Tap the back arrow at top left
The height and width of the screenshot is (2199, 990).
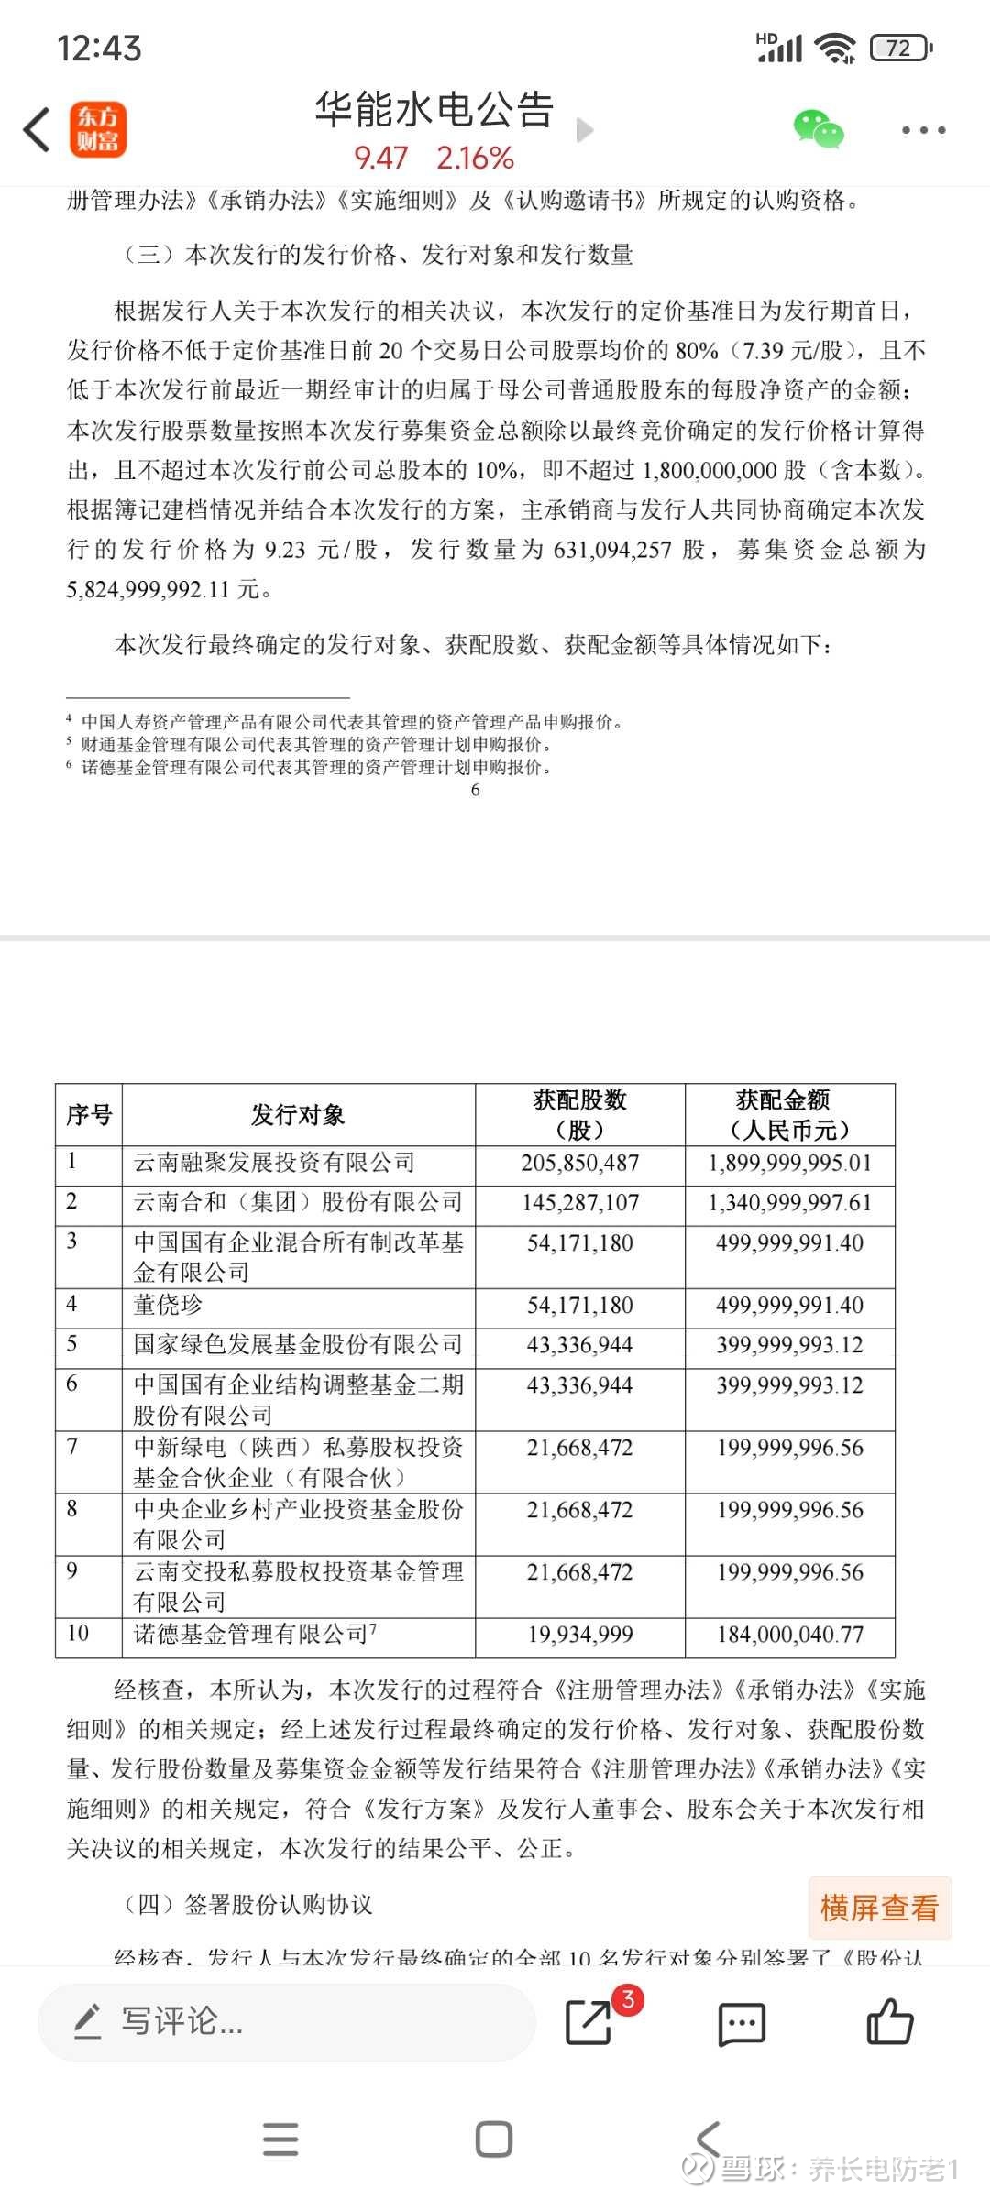(37, 129)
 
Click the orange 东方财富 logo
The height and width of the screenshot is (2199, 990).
(98, 129)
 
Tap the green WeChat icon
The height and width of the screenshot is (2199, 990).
(818, 129)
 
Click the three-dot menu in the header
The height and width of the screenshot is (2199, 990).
(923, 130)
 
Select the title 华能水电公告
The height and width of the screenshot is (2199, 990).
(434, 110)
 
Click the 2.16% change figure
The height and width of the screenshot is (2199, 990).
(475, 159)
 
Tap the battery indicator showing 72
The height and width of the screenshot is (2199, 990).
(900, 48)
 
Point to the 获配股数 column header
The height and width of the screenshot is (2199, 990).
(579, 1114)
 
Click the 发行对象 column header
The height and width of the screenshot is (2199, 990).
(298, 1115)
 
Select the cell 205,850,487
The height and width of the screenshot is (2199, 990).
(579, 1164)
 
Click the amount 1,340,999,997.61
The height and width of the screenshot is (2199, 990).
(789, 1203)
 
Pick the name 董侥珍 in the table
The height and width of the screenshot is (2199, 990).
(168, 1306)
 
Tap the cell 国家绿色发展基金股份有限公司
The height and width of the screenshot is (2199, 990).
(298, 1345)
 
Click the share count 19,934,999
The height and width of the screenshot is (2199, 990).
(579, 1635)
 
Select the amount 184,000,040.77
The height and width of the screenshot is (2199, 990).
(789, 1635)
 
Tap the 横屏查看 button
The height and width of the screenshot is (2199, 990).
(879, 1909)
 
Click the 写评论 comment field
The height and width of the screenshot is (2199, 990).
(284, 2021)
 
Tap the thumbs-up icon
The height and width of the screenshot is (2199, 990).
(889, 2022)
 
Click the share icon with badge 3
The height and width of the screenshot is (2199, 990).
(589, 2022)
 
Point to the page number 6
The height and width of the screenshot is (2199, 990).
(475, 790)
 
